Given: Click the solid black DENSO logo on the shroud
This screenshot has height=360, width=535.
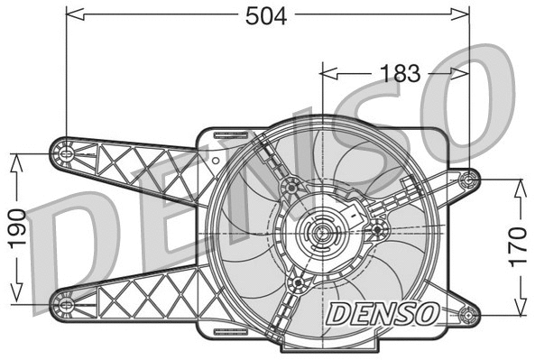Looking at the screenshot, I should pyautogui.click(x=383, y=314).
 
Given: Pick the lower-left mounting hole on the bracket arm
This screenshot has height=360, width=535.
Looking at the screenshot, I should pyautogui.click(x=66, y=303).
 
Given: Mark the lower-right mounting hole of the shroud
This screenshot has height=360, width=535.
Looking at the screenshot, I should pyautogui.click(x=467, y=315).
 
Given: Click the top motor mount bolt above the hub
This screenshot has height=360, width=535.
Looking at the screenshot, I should pyautogui.click(x=291, y=187).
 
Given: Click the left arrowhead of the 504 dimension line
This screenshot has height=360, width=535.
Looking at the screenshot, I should pyautogui.click(x=72, y=14).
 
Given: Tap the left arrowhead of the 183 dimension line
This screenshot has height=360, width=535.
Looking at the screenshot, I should pyautogui.click(x=327, y=73).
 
